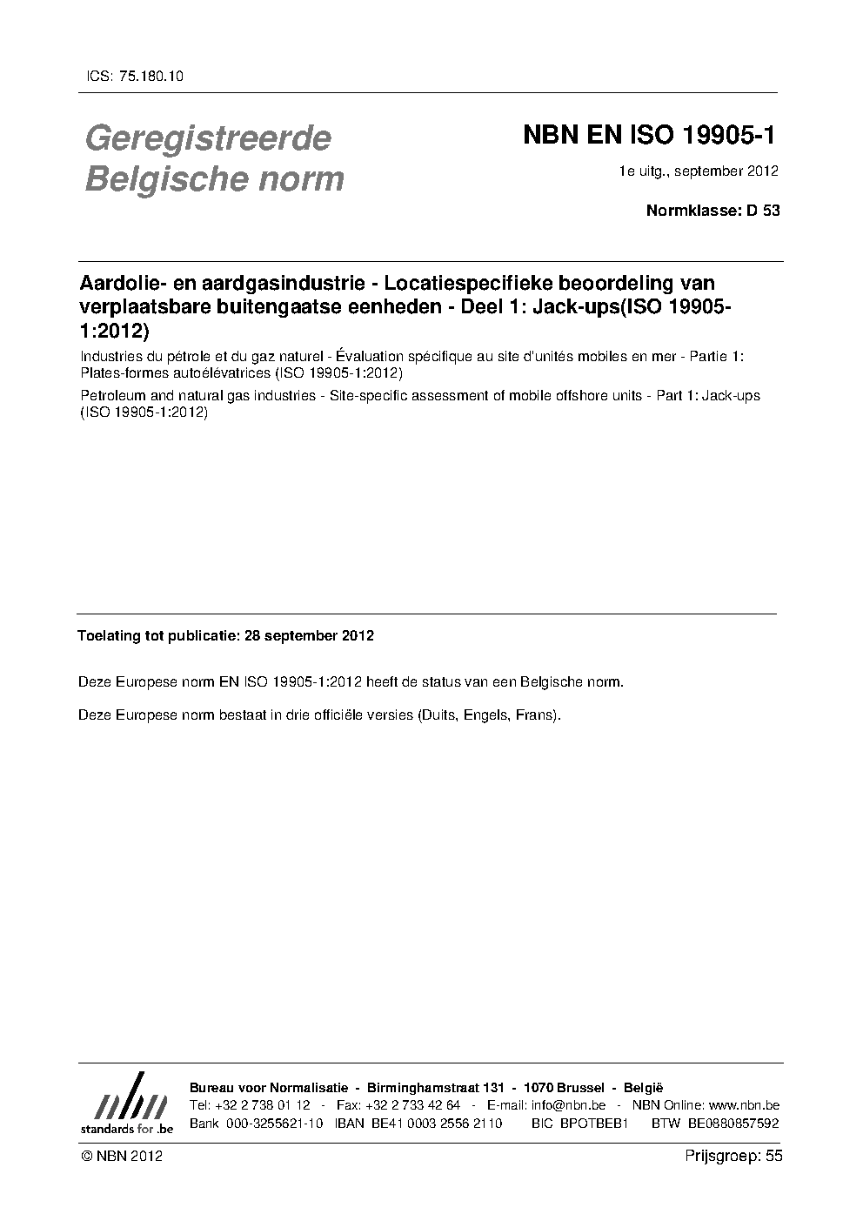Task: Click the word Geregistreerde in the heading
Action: (207, 138)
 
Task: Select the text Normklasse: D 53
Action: (712, 210)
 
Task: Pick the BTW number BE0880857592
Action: (733, 1124)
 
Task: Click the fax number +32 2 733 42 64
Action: (413, 1105)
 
